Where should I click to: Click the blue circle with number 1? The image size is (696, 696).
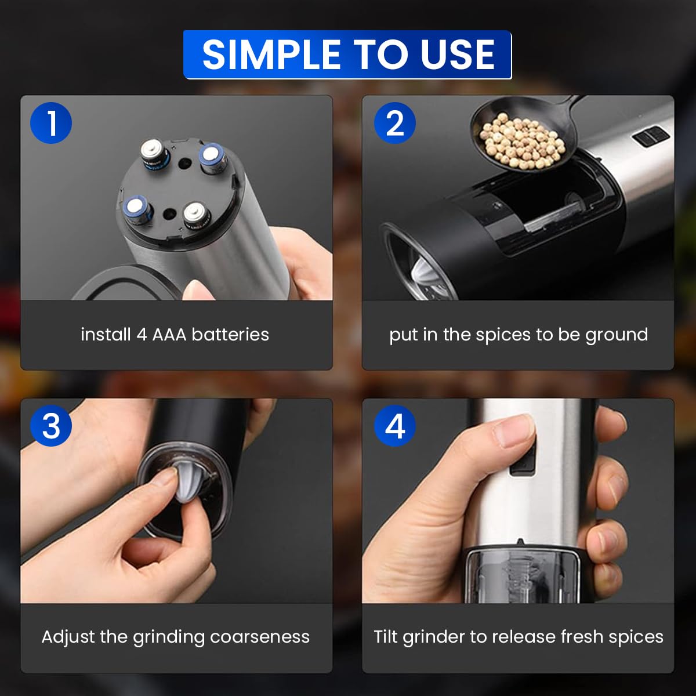click(x=51, y=123)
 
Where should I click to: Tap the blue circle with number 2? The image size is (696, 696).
click(x=394, y=123)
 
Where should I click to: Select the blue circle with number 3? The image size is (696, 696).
click(x=51, y=426)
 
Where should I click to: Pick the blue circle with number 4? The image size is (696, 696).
click(x=394, y=426)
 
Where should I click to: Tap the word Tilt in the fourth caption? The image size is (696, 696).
click(x=386, y=637)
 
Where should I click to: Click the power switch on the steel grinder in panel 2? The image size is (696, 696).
click(x=650, y=137)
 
